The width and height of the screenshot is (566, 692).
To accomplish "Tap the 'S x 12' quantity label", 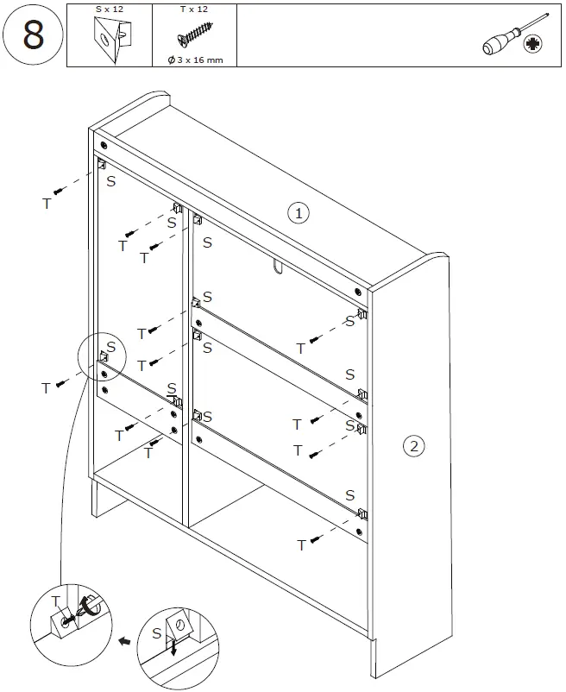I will [x=109, y=9].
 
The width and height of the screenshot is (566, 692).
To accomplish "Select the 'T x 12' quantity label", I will [x=192, y=9].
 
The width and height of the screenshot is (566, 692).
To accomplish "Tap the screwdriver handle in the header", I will [x=500, y=45].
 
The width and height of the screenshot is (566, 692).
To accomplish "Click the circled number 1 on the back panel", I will [x=298, y=211].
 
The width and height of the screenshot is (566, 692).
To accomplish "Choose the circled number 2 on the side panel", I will [x=413, y=446].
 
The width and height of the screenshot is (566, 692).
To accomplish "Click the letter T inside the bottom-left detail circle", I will [x=55, y=601].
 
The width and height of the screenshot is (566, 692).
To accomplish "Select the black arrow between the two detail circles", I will [x=124, y=643].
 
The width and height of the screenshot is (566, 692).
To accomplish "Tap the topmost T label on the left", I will [x=47, y=204].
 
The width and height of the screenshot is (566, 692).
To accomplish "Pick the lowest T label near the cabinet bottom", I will [x=301, y=545].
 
